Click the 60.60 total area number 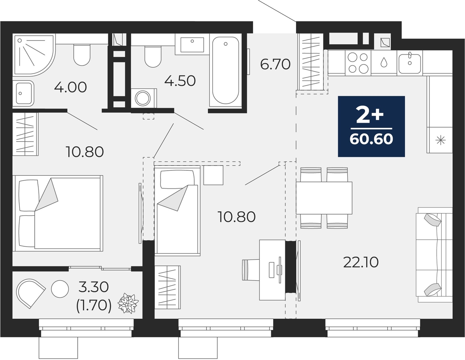[371, 139]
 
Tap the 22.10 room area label [361, 262]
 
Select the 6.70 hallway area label [276, 64]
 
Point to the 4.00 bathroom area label [70, 87]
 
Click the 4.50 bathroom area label [180, 81]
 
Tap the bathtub [225, 71]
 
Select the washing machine [143, 98]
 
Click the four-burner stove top [358, 63]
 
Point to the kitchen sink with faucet [410, 63]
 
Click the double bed [58, 213]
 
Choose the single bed [177, 211]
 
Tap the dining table [324, 198]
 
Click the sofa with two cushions [434, 255]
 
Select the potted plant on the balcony [128, 304]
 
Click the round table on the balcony [60, 289]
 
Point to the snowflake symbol [441, 140]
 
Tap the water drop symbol [384, 62]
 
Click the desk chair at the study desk [251, 270]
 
